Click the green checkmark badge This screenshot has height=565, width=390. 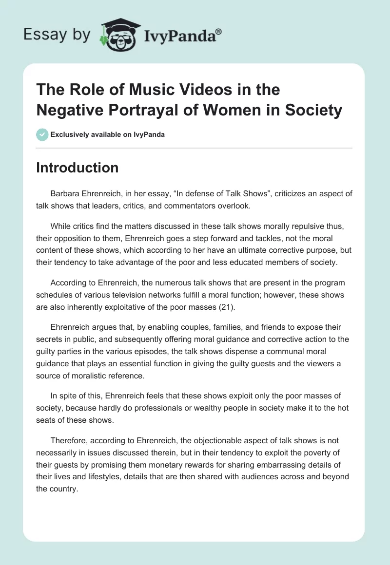42,134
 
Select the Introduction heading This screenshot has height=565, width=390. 77,168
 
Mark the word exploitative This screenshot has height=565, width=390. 129,306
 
